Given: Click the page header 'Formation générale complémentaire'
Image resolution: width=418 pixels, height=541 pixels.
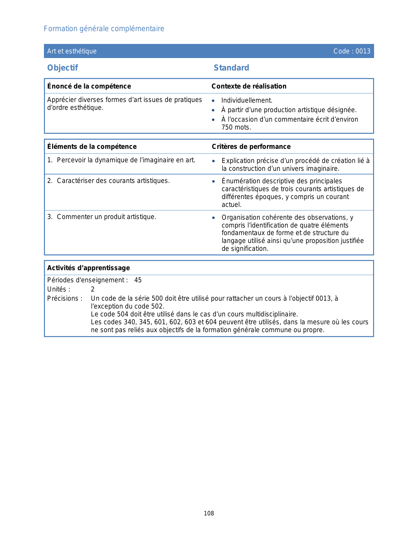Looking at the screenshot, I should tap(104, 29).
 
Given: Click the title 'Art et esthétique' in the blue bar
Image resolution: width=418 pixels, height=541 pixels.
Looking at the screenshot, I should tap(72, 51).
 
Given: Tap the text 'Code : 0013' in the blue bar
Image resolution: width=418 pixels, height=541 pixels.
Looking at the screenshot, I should tap(352, 51).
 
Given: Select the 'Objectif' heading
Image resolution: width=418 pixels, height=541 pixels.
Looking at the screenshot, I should tap(63, 68).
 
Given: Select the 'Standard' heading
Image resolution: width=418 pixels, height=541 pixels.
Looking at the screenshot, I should tap(231, 68).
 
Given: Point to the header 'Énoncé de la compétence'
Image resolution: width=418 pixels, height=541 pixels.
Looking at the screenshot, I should tap(89, 86).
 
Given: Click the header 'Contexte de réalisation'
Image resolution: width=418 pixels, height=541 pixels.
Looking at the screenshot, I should tap(249, 86).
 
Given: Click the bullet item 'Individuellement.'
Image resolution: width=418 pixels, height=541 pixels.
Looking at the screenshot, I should tap(247, 101).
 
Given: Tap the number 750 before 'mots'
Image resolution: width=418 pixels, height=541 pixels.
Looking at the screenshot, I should tap(227, 128).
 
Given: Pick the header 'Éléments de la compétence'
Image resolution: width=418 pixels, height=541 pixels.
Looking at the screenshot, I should tap(92, 147).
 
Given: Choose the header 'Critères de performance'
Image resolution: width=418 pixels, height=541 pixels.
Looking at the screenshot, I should tap(251, 147).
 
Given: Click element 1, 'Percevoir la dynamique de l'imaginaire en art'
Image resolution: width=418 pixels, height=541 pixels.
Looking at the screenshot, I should tap(126, 160).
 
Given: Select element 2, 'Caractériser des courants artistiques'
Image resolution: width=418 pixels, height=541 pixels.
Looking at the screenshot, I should tap(113, 181).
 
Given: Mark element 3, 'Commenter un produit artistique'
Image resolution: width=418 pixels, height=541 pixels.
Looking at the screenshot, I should tap(106, 217).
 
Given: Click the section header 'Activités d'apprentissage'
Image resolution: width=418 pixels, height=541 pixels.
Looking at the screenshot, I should tap(89, 268).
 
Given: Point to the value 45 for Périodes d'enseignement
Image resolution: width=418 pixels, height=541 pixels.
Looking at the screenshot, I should tap(138, 280).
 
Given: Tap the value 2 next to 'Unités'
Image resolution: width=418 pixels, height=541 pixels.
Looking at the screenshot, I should tap(93, 290).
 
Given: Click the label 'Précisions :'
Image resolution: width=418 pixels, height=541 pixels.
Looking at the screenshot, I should tap(65, 299).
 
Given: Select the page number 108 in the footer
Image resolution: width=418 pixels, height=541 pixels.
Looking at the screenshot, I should tap(209, 513).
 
